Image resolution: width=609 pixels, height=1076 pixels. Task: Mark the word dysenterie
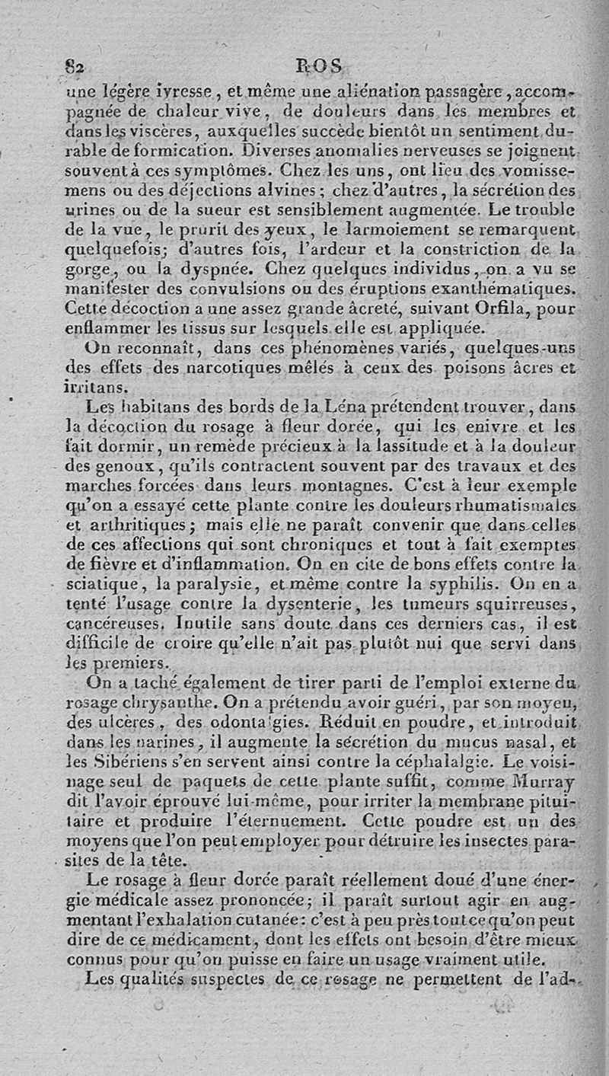pos(311,605)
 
